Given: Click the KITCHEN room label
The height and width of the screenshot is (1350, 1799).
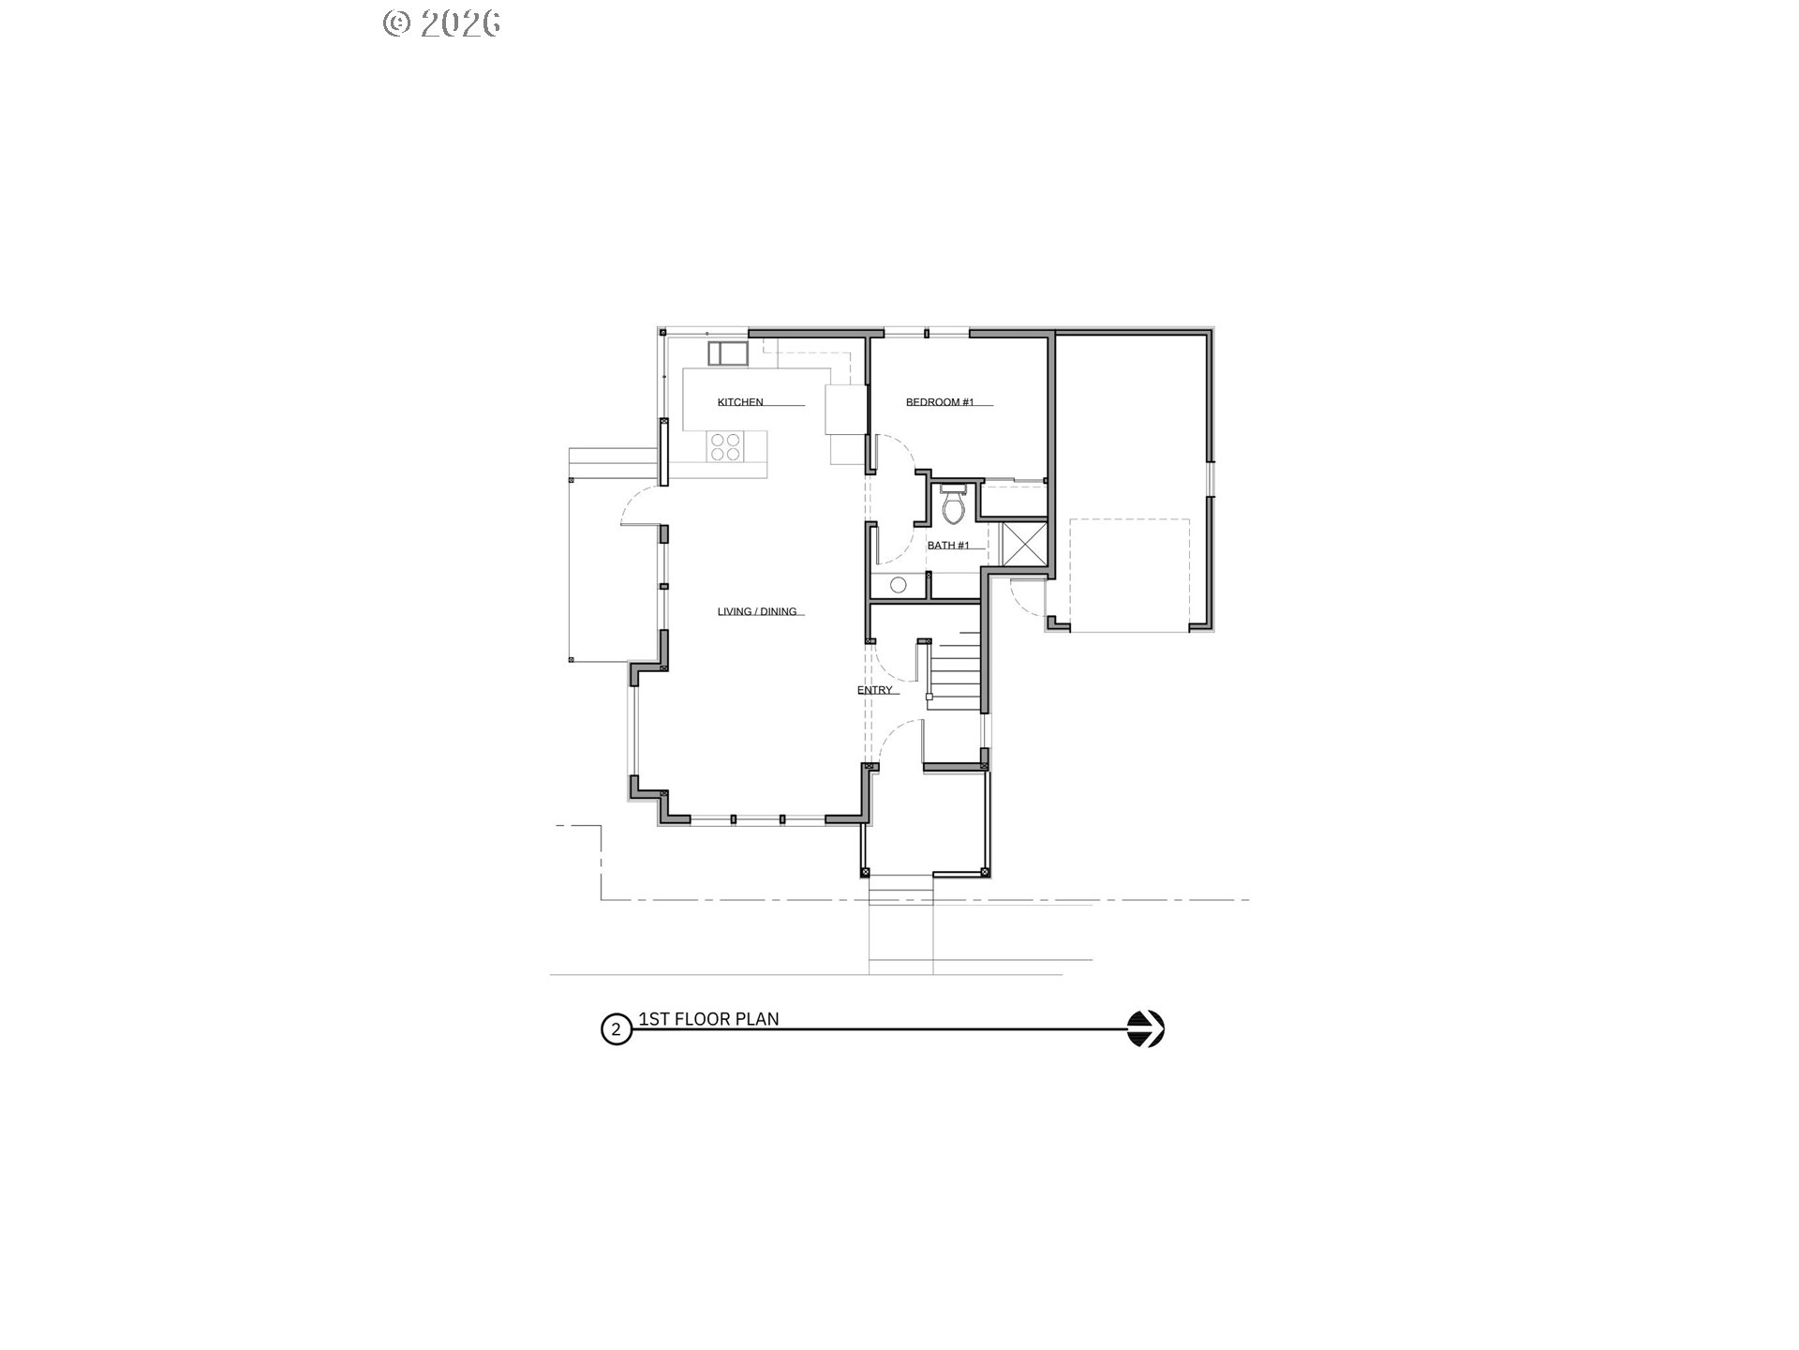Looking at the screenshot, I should click(740, 402).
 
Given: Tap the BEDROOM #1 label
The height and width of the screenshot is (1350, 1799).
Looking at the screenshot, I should click(940, 402).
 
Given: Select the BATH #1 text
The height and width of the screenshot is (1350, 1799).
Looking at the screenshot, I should click(949, 545).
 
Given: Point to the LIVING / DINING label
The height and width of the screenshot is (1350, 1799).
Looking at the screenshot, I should click(757, 611).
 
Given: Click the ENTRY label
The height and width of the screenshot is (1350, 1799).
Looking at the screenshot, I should click(875, 690).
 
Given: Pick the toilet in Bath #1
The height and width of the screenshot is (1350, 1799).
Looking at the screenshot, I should click(953, 504).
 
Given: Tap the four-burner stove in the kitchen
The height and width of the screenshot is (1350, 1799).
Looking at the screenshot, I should click(725, 446).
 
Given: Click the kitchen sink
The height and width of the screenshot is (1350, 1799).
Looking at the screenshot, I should click(727, 353).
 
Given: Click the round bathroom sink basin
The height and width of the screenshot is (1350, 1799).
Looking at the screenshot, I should click(898, 585).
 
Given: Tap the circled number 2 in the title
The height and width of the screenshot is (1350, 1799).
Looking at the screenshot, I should click(616, 1029).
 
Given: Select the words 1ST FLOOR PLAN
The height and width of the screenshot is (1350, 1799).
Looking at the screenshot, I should click(708, 1019).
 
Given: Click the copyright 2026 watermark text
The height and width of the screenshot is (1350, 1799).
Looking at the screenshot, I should click(441, 23).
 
